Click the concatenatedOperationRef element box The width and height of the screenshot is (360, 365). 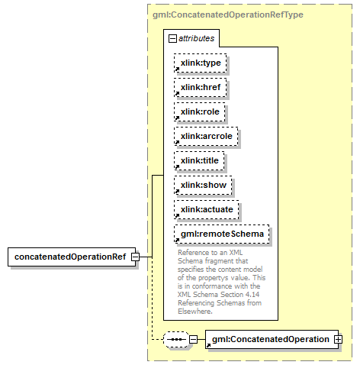coord(72,257)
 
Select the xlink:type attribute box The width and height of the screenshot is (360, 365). coord(201,63)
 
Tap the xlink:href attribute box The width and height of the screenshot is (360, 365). coord(201,87)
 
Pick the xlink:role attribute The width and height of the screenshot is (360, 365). coord(200,111)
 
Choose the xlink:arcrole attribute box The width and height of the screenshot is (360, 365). coord(206,136)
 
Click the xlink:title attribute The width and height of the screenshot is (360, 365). coord(199,160)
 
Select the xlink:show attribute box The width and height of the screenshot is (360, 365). coord(203,185)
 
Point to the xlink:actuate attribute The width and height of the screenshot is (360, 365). coord(207,209)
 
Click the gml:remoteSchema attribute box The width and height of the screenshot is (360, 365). coord(222,234)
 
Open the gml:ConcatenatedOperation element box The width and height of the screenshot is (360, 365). coord(272,339)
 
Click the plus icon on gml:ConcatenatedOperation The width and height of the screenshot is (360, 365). coord(339,339)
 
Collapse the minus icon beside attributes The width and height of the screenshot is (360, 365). coord(172,39)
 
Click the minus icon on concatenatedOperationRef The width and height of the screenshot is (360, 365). coord(136,257)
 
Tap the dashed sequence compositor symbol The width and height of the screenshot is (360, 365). coord(176,339)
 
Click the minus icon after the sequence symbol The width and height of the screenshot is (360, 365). coord(194,339)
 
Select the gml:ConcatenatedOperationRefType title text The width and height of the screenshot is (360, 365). coord(228,15)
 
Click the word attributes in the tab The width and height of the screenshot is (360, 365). coord(196,38)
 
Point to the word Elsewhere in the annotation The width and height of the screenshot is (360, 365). coord(195,312)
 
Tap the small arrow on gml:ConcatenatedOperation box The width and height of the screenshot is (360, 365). coord(208,345)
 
